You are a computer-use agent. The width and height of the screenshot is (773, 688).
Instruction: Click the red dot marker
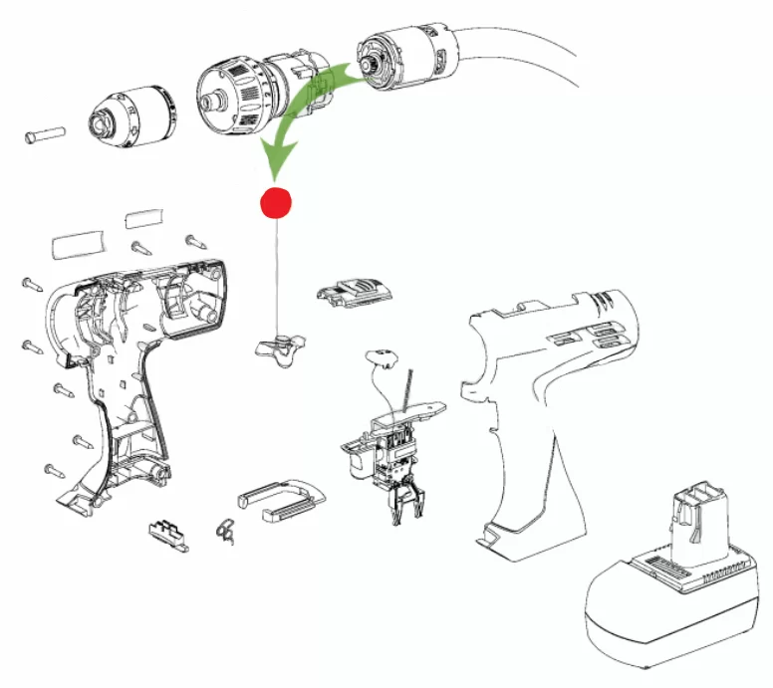click(x=274, y=202)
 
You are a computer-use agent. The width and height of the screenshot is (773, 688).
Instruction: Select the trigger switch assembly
click(x=388, y=448)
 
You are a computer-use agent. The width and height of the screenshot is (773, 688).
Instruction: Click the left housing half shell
click(x=129, y=368)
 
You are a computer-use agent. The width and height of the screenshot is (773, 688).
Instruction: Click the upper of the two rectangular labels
click(x=146, y=218)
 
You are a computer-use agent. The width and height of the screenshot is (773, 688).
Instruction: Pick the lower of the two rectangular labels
click(x=79, y=243)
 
